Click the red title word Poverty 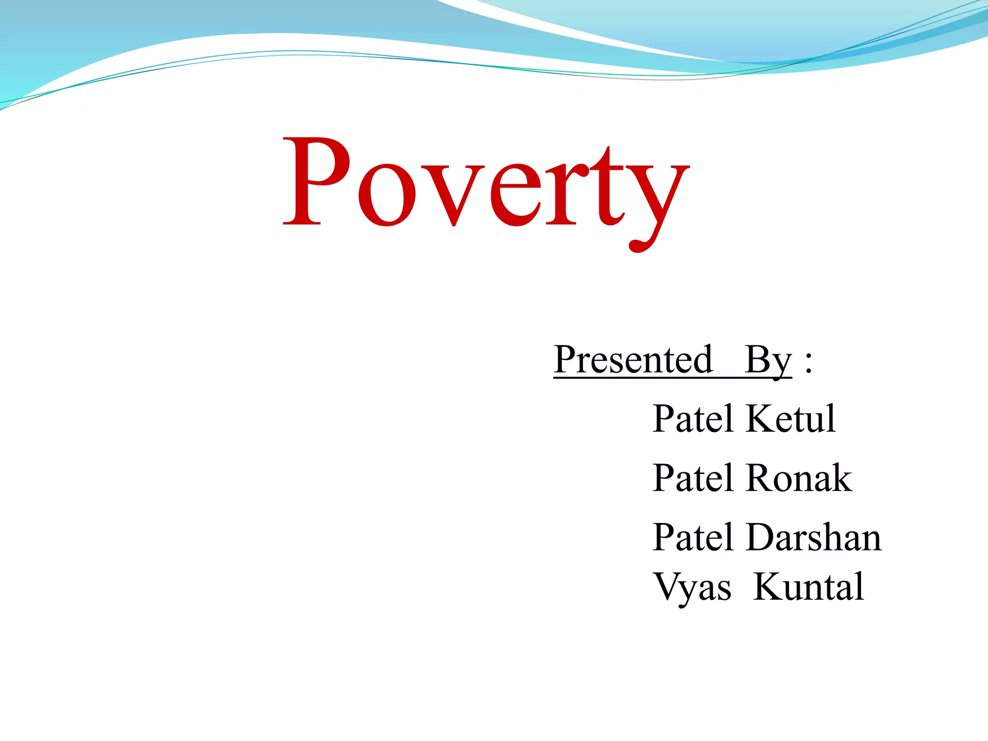tap(486, 188)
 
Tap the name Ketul tap(790, 418)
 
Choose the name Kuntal tap(809, 587)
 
